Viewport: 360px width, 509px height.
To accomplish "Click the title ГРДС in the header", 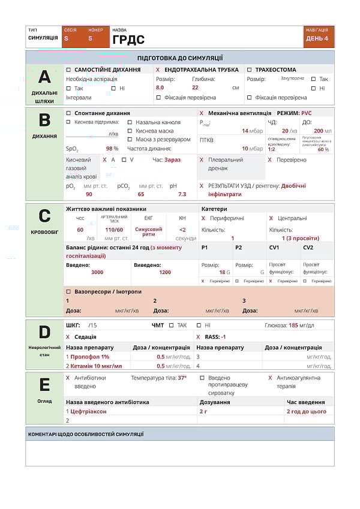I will tap(128, 40).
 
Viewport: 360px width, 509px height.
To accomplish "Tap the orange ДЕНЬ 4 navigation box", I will tap(317, 38).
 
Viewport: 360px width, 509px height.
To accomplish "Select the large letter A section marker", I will tap(44, 77).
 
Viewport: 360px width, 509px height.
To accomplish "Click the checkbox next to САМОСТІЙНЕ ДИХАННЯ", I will tap(68, 70).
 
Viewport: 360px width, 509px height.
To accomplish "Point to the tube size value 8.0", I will tap(160, 87).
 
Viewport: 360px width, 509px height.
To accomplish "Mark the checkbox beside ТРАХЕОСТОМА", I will tap(250, 70).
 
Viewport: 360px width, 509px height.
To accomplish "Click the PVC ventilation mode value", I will tap(307, 113).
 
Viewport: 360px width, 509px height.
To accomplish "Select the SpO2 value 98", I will tap(110, 148).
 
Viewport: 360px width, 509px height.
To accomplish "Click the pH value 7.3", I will tap(182, 194).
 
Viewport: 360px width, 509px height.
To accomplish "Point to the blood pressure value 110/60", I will tap(114, 230).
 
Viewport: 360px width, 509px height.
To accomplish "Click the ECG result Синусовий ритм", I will tap(148, 231).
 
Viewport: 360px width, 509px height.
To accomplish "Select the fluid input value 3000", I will tap(97, 272).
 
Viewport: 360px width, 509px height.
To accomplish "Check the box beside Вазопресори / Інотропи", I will tap(68, 291).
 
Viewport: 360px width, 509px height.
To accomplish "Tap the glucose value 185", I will tap(293, 325).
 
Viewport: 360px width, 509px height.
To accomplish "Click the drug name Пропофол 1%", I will tap(90, 357).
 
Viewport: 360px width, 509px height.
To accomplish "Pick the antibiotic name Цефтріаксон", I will tap(89, 411).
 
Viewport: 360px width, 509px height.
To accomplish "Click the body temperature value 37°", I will tap(182, 378).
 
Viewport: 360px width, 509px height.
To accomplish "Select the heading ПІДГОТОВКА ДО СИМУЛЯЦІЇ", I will tap(180, 58).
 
